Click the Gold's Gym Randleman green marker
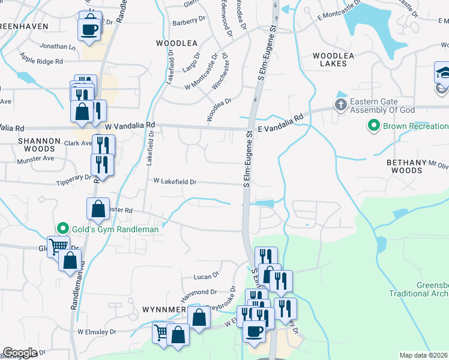(x=62, y=229)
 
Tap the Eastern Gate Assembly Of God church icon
(x=340, y=106)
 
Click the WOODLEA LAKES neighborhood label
(x=330, y=59)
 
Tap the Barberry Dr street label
(x=189, y=21)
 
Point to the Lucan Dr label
(x=208, y=277)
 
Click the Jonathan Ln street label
(x=58, y=46)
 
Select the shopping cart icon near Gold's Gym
(x=58, y=245)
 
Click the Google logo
(x=20, y=353)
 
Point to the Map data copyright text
(x=424, y=355)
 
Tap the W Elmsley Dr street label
(x=96, y=331)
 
